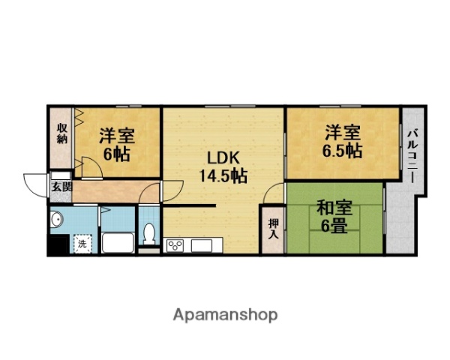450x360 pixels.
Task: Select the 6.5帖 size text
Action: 343,151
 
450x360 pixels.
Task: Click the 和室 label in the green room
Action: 333,207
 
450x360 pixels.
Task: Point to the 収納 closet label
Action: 62,133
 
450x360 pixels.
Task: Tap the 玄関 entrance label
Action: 61,187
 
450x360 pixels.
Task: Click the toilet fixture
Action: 149,232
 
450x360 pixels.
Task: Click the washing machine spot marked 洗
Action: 80,242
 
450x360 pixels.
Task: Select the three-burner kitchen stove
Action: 175,245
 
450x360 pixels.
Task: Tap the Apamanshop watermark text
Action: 224,314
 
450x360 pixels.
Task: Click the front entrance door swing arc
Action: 35,183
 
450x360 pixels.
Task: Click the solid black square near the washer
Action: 57,244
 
